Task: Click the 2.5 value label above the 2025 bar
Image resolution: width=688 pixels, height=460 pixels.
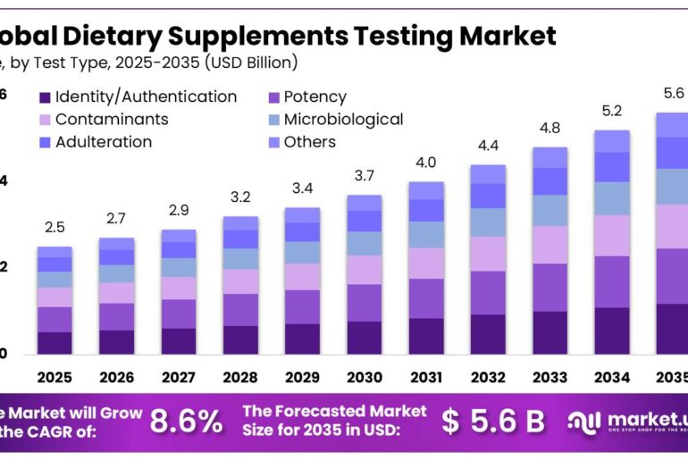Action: [55, 228]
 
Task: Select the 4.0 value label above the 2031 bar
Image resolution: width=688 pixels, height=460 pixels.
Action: [426, 163]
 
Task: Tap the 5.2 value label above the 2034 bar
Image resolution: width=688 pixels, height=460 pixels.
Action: [612, 111]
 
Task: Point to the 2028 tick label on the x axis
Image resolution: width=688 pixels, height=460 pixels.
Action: [240, 378]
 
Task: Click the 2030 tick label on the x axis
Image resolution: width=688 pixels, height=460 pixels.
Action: [365, 378]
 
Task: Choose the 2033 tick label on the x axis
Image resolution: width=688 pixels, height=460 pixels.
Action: [550, 378]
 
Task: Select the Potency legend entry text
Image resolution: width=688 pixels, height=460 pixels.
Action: [315, 97]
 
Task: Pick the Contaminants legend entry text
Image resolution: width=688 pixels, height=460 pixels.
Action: [112, 120]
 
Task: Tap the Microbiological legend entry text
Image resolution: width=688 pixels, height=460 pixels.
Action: [343, 120]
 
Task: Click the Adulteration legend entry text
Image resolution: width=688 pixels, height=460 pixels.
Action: [104, 142]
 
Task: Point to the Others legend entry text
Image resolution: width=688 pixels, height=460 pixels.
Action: [309, 142]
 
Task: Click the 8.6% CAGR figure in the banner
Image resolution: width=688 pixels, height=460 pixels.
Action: [186, 422]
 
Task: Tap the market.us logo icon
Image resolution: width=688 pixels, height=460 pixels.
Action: [586, 421]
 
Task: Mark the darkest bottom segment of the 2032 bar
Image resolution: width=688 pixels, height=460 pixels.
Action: [488, 334]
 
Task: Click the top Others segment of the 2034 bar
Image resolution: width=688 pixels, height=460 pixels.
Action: [612, 141]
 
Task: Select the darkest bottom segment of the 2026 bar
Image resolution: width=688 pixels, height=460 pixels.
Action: [116, 342]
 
